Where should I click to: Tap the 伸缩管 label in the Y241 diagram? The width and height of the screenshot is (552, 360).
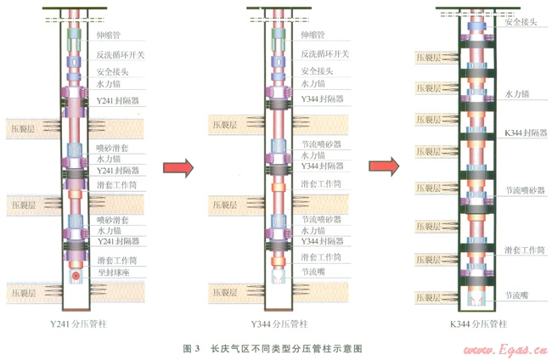pyautogui.click(x=107, y=37)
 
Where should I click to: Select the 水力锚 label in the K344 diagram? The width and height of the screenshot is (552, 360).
pyautogui.click(x=517, y=93)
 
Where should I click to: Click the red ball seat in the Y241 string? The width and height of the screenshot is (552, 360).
pyautogui.click(x=76, y=277)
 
